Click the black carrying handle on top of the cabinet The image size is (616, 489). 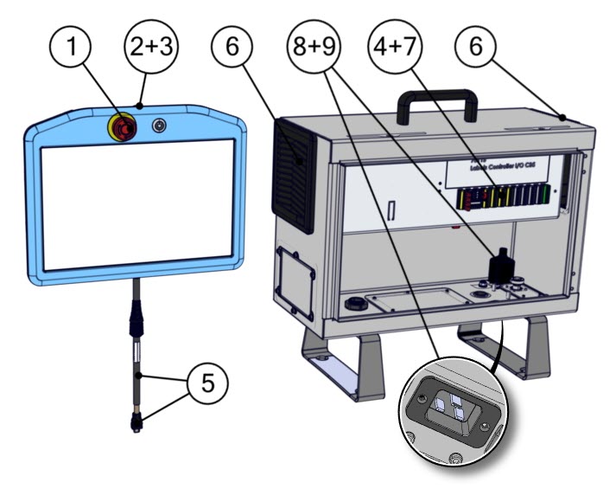pos(435,105)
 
